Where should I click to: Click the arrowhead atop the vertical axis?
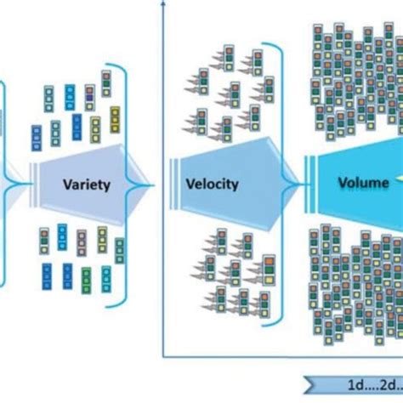(x=161, y=3)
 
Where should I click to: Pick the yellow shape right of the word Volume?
(x=397, y=180)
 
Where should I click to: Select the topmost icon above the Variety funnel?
(x=105, y=82)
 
